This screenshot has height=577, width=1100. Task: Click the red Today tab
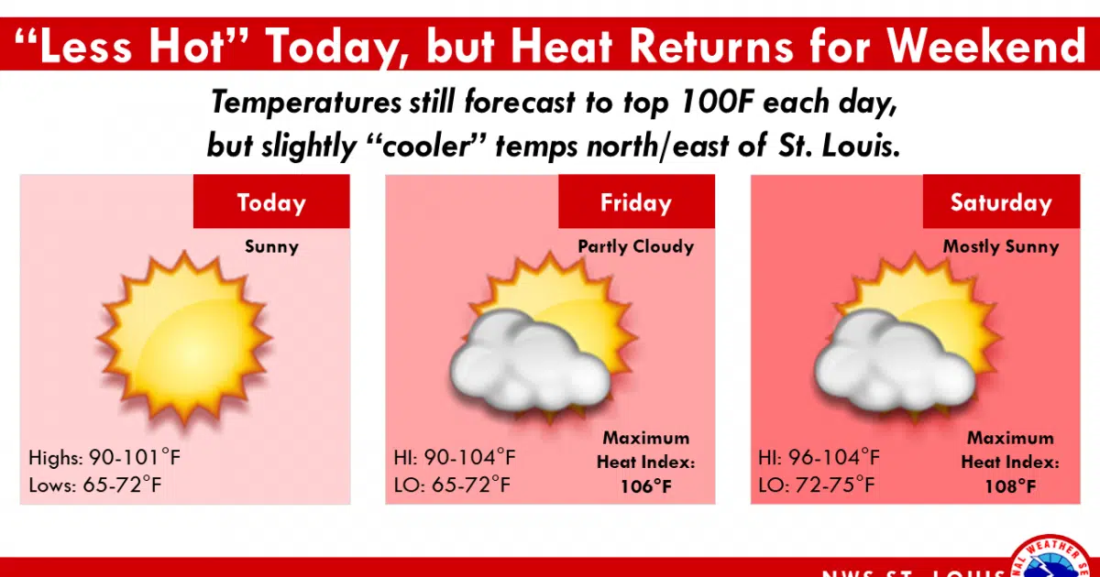[x=271, y=202]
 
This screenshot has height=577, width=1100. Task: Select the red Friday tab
[x=636, y=202]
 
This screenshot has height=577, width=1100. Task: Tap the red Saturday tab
[x=1001, y=202]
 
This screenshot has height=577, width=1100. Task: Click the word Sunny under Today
[x=271, y=246]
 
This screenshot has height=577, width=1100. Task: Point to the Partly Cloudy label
[x=636, y=246]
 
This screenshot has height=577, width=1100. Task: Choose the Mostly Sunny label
[x=1001, y=246]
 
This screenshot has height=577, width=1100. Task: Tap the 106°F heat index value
[x=646, y=485]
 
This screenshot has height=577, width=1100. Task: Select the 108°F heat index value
[x=1011, y=485]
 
